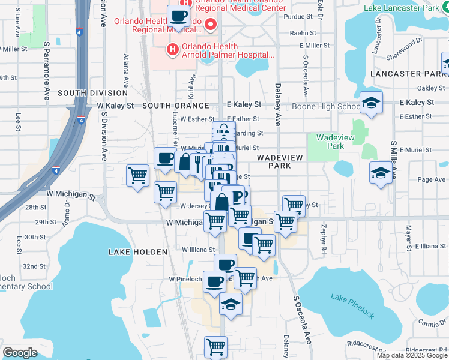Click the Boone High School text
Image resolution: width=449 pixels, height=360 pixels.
point(326,107)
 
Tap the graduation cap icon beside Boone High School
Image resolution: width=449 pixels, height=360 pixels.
point(371,103)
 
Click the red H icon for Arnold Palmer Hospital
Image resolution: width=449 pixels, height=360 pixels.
point(173,49)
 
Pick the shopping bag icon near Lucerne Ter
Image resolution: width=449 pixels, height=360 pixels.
point(185,161)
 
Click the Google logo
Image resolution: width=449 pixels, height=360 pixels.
point(20,353)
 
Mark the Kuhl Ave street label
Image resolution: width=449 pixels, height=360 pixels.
point(193,89)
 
